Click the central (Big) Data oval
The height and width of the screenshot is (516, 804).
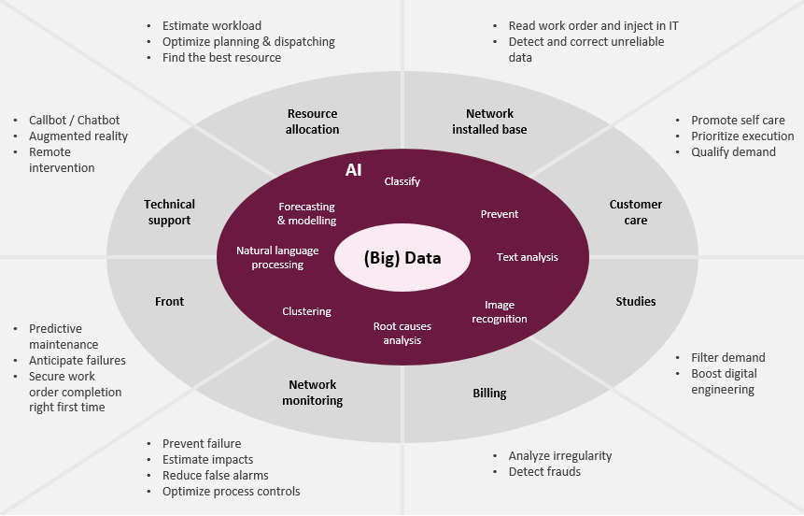[402, 258]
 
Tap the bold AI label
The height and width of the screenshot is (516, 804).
[353, 171]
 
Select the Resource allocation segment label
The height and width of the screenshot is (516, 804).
[313, 122]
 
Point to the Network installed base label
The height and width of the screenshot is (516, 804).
[489, 122]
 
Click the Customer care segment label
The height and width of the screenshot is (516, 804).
[636, 212]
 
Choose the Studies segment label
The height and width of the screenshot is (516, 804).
[636, 301]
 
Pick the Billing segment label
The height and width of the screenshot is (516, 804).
[489, 394]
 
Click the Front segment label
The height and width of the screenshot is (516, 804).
[170, 301]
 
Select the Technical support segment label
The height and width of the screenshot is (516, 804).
[169, 212]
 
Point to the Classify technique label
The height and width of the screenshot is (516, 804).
[402, 181]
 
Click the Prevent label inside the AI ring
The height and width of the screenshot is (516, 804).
[500, 214]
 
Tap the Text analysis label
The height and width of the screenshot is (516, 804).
[528, 257]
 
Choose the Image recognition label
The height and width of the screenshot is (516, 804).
[505, 312]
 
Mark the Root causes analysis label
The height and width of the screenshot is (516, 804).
[402, 334]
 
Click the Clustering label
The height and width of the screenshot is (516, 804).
[307, 311]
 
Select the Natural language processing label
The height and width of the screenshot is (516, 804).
[277, 258]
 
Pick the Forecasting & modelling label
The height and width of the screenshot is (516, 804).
[307, 214]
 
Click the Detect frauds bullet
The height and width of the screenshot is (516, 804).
[544, 472]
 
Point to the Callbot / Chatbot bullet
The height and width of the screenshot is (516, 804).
[75, 121]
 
